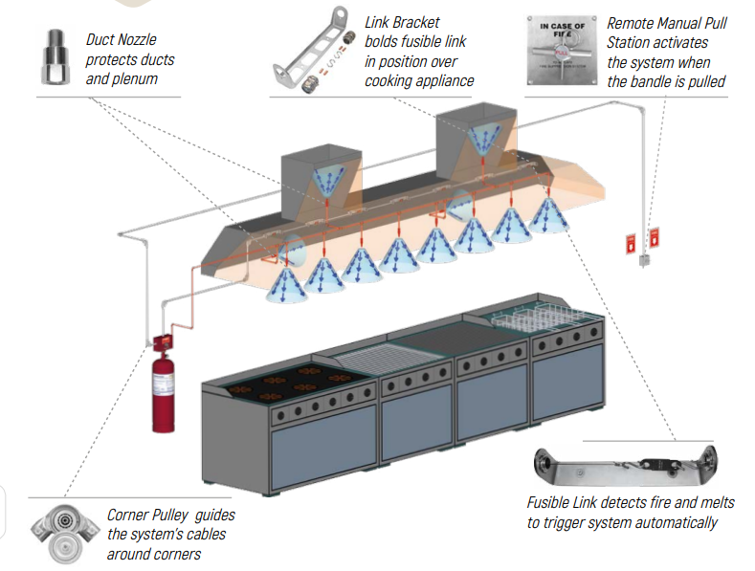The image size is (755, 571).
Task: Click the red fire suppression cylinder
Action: (x=166, y=383)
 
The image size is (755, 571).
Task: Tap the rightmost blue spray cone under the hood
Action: (x=551, y=216)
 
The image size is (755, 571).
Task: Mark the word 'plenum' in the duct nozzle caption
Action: (x=147, y=79)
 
